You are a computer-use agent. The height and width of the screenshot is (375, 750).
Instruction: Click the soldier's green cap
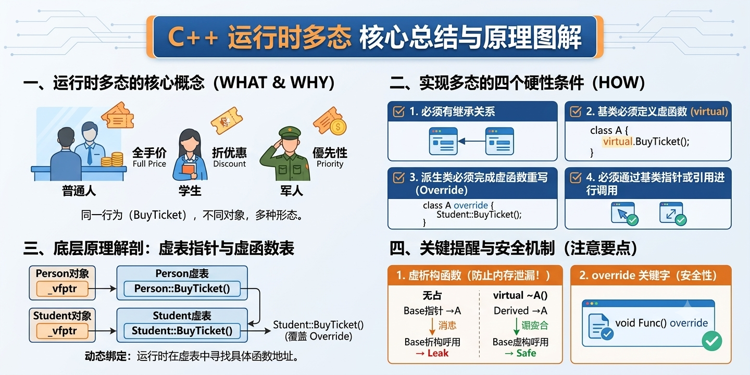coord(290,133)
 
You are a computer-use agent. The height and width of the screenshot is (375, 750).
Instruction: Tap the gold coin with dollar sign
coord(338,127)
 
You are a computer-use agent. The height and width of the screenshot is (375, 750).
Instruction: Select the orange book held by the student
coord(189,168)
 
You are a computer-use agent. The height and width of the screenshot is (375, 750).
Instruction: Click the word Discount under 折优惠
coord(229,164)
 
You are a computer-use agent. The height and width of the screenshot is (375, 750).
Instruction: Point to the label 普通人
coord(79,191)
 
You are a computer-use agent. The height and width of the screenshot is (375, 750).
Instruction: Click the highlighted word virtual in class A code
coord(618,142)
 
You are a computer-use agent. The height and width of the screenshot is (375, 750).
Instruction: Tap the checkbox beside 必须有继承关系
coord(398,111)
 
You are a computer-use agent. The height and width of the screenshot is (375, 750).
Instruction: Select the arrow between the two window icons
coord(471,141)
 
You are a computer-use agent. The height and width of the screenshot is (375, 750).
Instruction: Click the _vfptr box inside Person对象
coord(63,289)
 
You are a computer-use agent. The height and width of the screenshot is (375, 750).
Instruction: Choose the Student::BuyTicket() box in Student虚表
coord(182,331)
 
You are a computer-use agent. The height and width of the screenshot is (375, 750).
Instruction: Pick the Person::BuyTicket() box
coord(182,289)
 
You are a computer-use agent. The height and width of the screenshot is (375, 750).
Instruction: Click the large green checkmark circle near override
coord(712,341)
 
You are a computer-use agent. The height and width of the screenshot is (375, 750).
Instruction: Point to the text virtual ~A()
coord(520,295)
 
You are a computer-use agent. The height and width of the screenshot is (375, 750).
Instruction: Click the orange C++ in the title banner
coord(193,37)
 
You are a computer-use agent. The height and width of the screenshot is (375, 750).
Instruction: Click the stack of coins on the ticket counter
coord(113,159)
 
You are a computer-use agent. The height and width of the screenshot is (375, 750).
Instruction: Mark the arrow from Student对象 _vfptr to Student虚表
coord(103,331)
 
